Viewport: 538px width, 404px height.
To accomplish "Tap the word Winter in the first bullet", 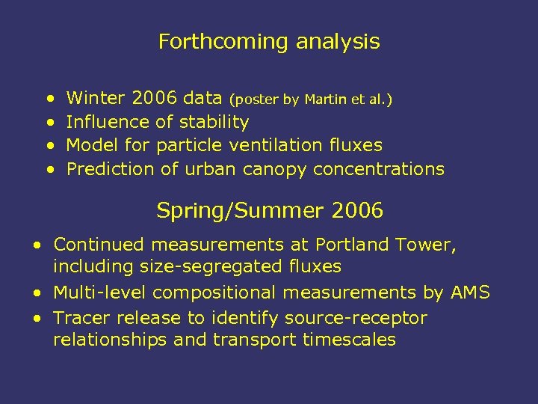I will tap(96, 97).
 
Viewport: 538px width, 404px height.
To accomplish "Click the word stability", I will tap(212, 121).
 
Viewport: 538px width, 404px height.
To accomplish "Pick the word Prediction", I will tap(111, 169).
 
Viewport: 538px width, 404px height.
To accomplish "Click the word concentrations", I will tap(379, 169).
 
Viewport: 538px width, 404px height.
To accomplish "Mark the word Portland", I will tap(353, 245).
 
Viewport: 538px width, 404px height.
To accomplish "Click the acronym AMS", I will tap(470, 293).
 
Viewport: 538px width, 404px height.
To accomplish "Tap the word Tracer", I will tap(80, 318).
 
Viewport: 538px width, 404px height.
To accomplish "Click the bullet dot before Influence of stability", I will tap(49, 122).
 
